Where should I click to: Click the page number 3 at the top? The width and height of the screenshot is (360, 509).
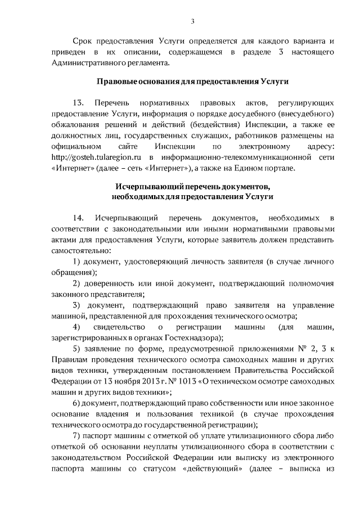click(192, 22)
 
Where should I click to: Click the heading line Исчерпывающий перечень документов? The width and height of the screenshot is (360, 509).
click(192, 186)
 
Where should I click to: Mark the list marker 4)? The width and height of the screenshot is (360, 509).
click(78, 327)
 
